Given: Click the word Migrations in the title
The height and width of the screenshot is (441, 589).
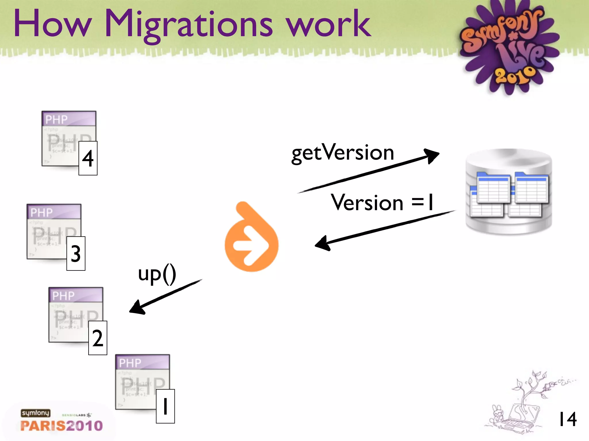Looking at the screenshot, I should point(188,24).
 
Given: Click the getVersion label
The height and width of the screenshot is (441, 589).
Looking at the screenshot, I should point(343,153).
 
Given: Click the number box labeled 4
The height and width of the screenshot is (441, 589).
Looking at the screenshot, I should point(88,158).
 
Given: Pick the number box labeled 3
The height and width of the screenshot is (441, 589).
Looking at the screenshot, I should point(76,254).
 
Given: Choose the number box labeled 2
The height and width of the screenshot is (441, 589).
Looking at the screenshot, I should point(98,338).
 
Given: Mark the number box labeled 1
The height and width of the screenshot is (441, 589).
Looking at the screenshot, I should point(165,406).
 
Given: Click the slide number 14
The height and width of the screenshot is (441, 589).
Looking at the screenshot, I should point(567,419).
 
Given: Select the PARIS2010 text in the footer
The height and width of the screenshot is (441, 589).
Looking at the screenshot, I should point(62,426).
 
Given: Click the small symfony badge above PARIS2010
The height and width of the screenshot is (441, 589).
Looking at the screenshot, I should point(35,413).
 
